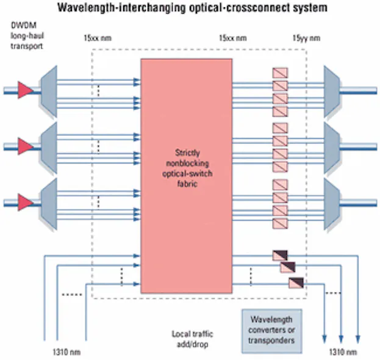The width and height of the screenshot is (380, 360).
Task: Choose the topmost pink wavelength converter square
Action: (280, 73)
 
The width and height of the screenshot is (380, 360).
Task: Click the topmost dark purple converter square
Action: (280, 256)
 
